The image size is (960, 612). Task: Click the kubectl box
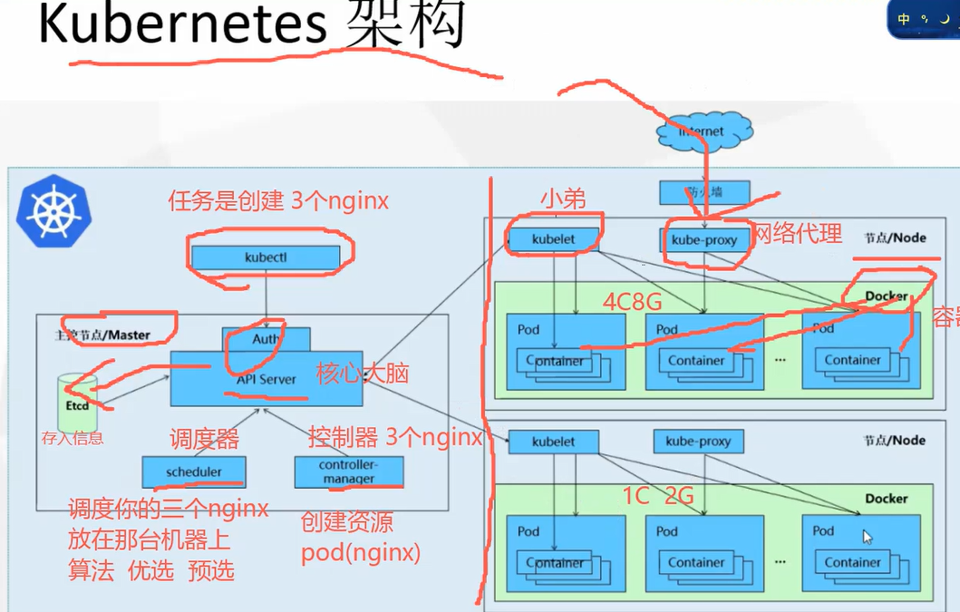pos(265,257)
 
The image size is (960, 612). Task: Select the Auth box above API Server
pos(267,339)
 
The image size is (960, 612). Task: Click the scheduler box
pos(194,472)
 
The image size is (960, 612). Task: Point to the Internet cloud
pos(703,132)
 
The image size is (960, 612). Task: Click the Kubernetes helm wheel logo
pos(53,211)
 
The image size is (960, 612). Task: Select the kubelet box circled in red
pos(553,239)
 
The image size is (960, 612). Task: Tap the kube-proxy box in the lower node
pos(698,442)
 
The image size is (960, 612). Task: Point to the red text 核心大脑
pos(363,373)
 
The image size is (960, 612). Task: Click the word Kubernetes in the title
pos(181,25)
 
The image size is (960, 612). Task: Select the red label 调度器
pos(204,440)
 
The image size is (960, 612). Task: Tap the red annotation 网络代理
pos(798,234)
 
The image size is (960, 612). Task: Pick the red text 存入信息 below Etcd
pos(73,439)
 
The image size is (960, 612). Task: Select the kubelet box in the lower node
pos(553,442)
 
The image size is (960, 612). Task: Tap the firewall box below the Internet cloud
pos(704,192)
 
